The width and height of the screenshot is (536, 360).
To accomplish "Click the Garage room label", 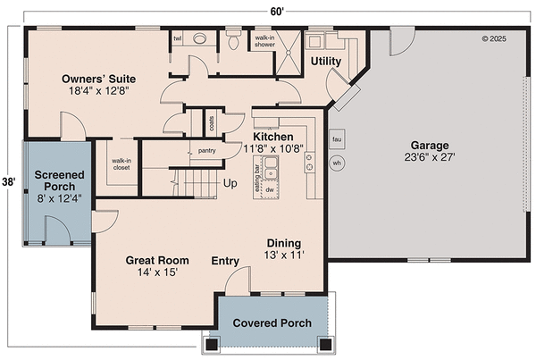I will [429, 146].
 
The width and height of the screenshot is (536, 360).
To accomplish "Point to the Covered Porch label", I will [272, 322].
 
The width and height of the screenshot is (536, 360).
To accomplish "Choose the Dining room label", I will [284, 243].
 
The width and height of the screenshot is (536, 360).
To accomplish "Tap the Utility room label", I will [326, 61].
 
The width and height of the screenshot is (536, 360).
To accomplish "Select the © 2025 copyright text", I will [493, 38].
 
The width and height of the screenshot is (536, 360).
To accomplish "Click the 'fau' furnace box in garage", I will [337, 140].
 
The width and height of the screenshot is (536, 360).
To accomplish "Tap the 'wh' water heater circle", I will [337, 164].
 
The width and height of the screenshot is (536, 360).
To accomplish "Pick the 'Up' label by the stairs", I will [230, 184].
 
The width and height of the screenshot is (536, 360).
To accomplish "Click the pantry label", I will [207, 151].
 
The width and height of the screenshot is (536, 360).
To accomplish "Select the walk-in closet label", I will [121, 164].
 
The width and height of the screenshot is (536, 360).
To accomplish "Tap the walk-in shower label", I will [265, 41].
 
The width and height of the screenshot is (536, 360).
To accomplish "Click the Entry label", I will [224, 261].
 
